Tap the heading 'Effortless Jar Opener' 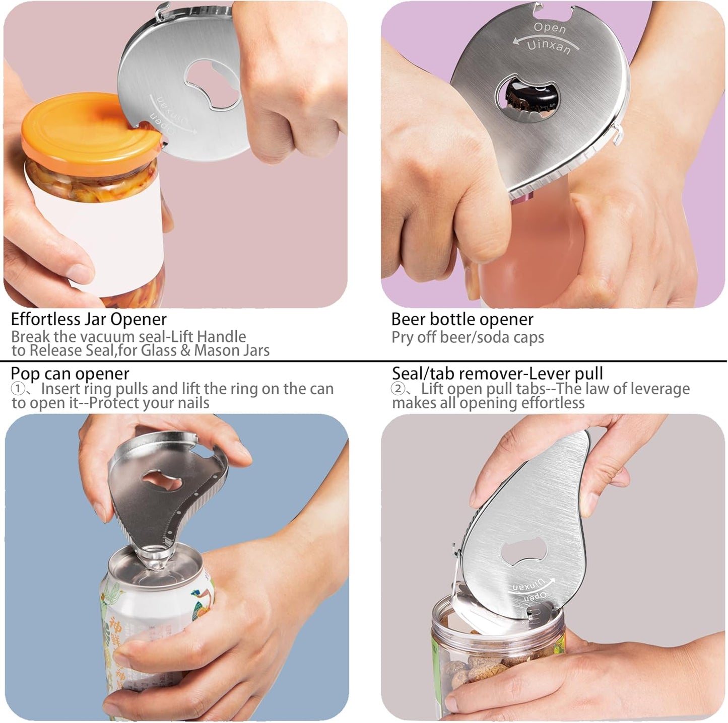point(89,319)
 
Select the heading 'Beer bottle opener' point(461,319)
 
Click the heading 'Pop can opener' point(70,374)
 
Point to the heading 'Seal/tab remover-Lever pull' point(497,374)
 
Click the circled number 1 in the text point(17,389)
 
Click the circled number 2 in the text point(398,389)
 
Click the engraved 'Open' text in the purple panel point(549,28)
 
